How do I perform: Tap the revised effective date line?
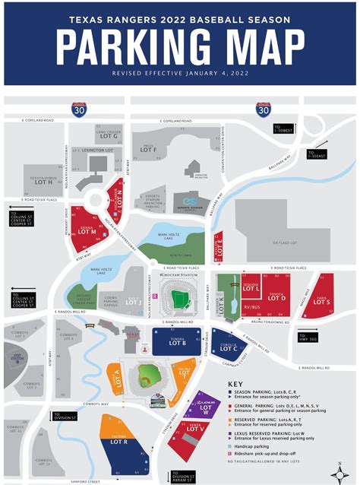coord(179,74)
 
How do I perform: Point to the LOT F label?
coord(149,150)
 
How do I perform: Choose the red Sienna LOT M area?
coord(87,230)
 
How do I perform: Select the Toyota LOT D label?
coord(277,297)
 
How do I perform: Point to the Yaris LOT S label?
coord(321,300)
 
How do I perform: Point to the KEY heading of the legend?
coord(236,385)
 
